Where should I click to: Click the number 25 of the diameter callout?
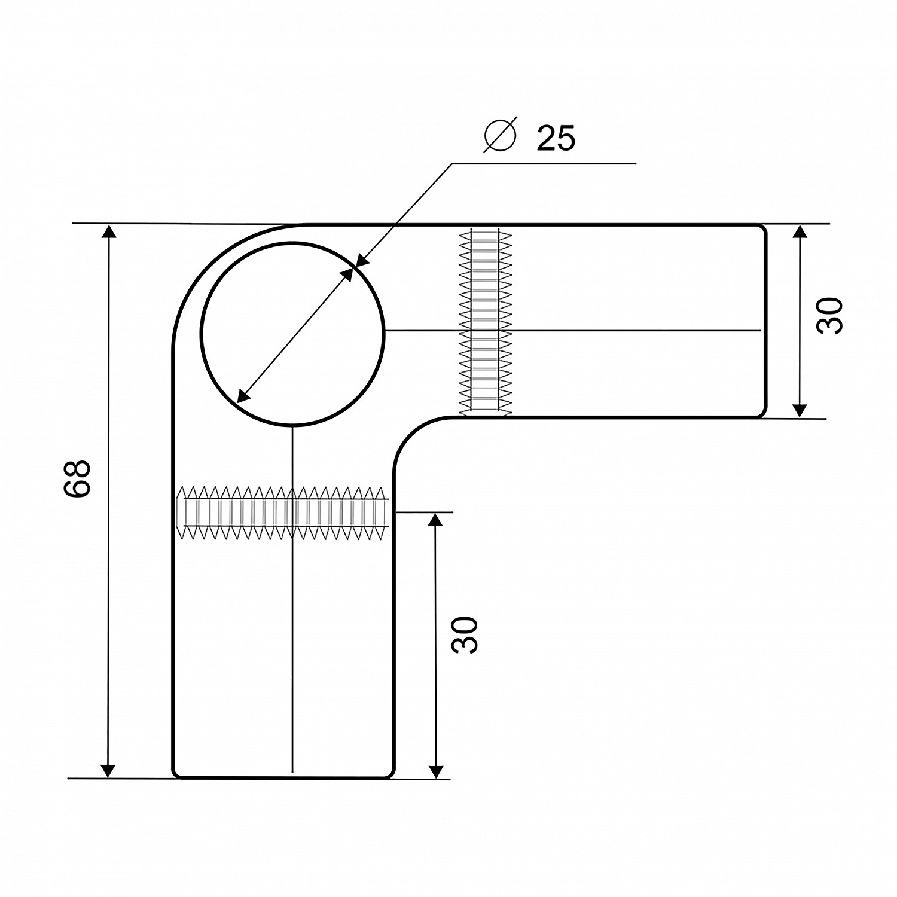[556, 138]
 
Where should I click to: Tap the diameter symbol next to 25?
[500, 137]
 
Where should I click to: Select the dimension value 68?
[77, 478]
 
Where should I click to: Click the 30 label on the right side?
[829, 315]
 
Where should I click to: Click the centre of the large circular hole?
[293, 334]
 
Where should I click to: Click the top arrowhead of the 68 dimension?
[108, 231]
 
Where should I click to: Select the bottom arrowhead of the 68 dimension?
[108, 770]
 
